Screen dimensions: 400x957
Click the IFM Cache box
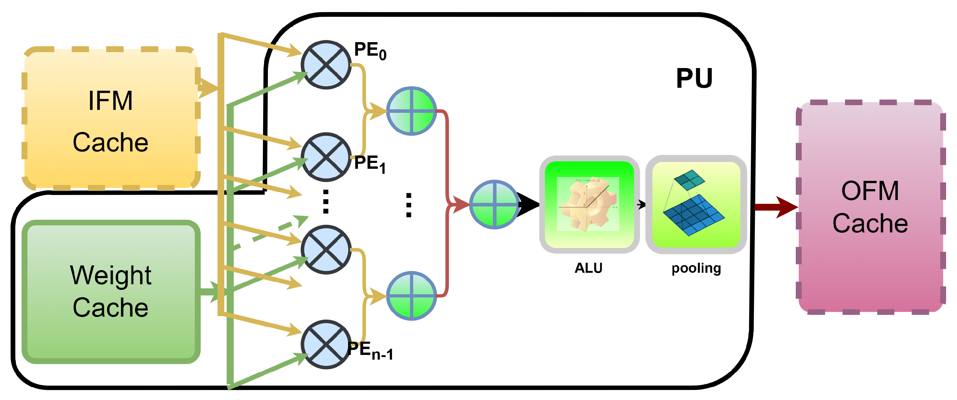point(111,119)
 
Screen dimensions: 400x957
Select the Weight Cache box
point(111,292)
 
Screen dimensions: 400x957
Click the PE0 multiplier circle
point(326,65)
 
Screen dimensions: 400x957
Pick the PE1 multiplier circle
point(326,157)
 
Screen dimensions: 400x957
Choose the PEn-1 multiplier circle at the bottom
point(326,344)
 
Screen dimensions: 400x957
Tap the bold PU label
point(694,78)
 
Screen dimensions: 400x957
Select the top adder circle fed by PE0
point(411,111)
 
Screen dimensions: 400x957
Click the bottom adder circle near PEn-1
point(411,296)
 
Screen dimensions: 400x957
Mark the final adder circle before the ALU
point(494,204)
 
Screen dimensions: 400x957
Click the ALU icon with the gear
point(589,204)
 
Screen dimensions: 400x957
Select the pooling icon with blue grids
point(696,204)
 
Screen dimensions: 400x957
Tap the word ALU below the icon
point(589,268)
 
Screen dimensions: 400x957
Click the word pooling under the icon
point(696,268)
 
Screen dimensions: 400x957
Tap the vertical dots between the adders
point(409,205)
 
